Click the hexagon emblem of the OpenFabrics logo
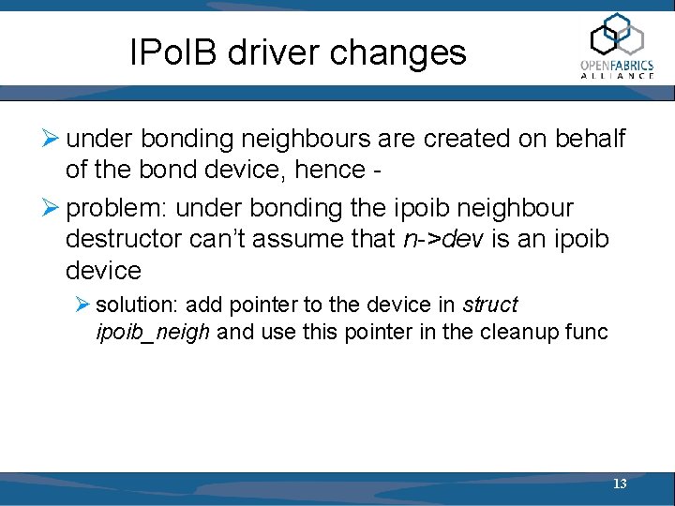[616, 35]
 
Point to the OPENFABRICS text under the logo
[617, 65]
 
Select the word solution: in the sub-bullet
[137, 305]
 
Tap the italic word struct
[490, 305]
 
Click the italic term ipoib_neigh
[154, 331]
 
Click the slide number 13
[620, 484]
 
